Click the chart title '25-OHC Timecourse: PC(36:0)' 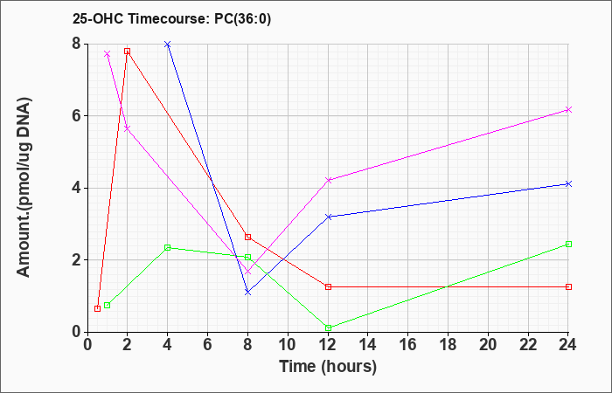[x=171, y=18]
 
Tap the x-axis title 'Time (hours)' [x=328, y=367]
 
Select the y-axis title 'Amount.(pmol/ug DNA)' [x=24, y=188]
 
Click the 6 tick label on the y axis [x=77, y=116]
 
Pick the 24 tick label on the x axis [x=567, y=345]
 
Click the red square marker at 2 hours [x=128, y=51]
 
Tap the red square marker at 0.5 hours [x=98, y=308]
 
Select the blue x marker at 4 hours [x=168, y=44]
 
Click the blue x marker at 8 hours [x=247, y=292]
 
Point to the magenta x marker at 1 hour [x=108, y=54]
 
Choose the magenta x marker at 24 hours [x=568, y=109]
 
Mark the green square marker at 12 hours [x=328, y=327]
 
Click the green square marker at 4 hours [x=168, y=247]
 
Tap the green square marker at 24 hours [x=568, y=244]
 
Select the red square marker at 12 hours [x=328, y=286]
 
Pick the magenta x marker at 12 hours [x=328, y=180]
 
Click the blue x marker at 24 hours [x=568, y=183]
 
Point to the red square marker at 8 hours [x=247, y=237]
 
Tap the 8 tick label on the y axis [x=77, y=44]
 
